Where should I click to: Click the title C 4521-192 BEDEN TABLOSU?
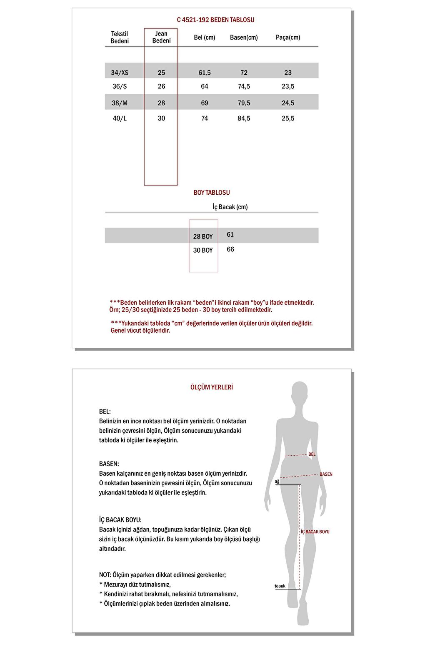pos(215,20)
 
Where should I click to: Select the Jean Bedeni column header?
pos(161,37)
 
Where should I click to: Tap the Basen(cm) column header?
pos(244,38)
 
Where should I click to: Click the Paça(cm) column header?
pos(288,38)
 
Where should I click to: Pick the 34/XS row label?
pos(120,73)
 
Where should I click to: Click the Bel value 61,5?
pos(205,73)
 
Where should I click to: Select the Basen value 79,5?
pos(244,103)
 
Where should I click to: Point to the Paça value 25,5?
pos(288,118)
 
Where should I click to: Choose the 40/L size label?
pos(120,118)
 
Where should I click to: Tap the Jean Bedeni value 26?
pos(161,86)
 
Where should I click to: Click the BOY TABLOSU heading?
pos(212,193)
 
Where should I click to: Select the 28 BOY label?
pos(203,236)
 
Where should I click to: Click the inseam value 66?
pos(230,249)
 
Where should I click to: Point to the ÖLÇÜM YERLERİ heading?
pos(212,387)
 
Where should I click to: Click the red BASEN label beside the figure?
pos(326,474)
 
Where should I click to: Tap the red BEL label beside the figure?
pos(312,454)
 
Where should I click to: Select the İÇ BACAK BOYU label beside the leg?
pos(315,532)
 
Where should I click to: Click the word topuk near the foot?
pos(280,586)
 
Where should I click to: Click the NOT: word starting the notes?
pos(105,575)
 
